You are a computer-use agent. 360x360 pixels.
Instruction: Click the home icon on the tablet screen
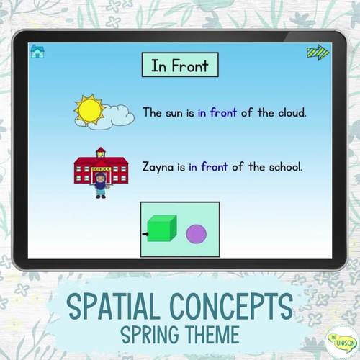[x=37, y=50]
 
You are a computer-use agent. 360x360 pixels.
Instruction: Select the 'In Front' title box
[x=179, y=66]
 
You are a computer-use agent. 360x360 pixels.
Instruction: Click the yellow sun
[x=91, y=109]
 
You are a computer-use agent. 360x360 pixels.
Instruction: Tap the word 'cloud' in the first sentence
[x=289, y=112]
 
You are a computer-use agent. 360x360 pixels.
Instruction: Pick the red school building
[x=100, y=164]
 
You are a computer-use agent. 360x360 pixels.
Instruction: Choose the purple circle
[x=196, y=234]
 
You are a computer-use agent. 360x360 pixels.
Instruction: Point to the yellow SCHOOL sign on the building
[x=100, y=159]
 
